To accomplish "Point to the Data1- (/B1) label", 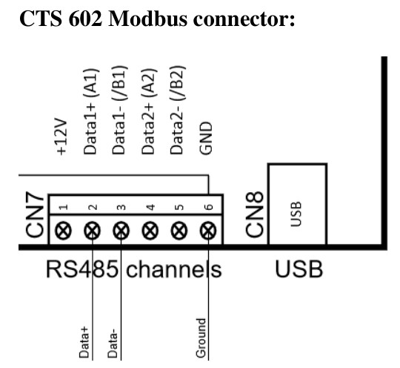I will pyautogui.click(x=119, y=112).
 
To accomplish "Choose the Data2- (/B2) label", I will pyautogui.click(x=178, y=112).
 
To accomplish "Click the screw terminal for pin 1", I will pyautogui.click(x=63, y=231).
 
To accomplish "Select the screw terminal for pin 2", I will pyautogui.click(x=92, y=231).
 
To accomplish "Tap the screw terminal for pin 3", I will pyautogui.click(x=121, y=231).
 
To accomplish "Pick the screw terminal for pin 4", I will pyautogui.click(x=150, y=231).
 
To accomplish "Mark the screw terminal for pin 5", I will pyautogui.click(x=179, y=231).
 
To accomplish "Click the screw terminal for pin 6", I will pyautogui.click(x=207, y=231).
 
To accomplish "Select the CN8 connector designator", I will pyautogui.click(x=253, y=216).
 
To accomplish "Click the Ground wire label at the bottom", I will pyautogui.click(x=200, y=338).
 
